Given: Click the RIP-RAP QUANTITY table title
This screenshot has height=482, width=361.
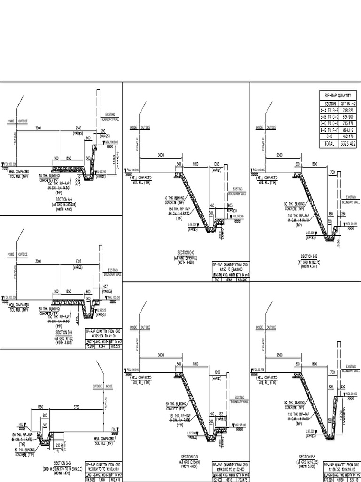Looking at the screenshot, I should [x=338, y=95].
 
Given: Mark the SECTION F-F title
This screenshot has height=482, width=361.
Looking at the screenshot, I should [x=309, y=457].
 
